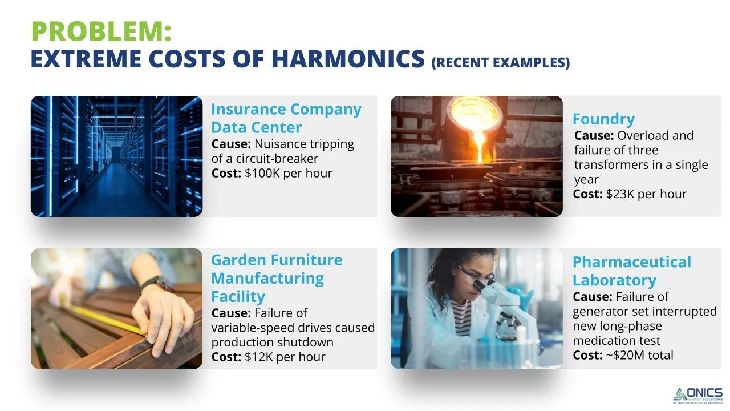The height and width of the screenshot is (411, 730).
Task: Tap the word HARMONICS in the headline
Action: coord(348,59)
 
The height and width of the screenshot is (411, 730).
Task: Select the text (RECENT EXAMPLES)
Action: coord(501,62)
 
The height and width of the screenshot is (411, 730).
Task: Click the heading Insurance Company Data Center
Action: coord(286,118)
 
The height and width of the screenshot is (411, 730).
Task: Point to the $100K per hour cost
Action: coord(288,173)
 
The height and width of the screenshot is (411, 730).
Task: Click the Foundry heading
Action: coord(603,119)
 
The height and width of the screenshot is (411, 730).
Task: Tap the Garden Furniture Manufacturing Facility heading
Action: coord(277,278)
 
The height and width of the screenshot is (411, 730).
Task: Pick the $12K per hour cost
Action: coord(285,357)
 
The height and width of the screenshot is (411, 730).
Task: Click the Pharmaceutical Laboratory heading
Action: coord(631,271)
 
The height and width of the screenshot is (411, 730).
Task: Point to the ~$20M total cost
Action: coord(638,355)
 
